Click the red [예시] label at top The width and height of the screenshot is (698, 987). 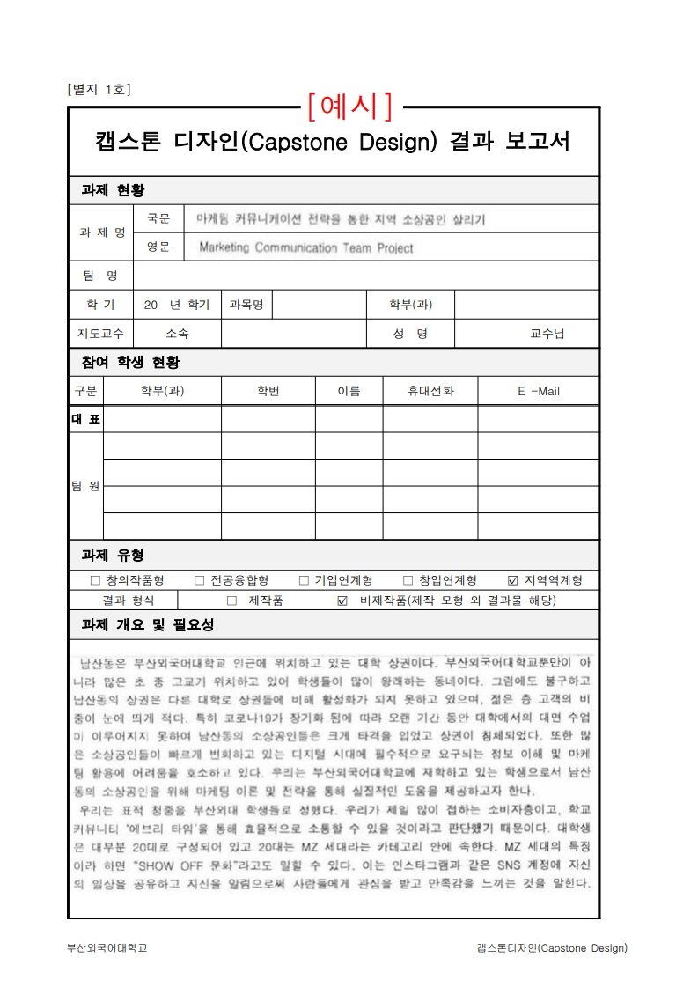tap(350, 107)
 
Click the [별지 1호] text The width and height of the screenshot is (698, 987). tap(99, 89)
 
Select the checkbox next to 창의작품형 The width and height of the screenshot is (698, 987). tap(95, 581)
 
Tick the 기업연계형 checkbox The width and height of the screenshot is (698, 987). tap(304, 581)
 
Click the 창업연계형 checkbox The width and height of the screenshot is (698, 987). tap(408, 581)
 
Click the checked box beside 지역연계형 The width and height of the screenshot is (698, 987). tap(513, 581)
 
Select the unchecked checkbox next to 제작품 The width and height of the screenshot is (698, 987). tap(231, 601)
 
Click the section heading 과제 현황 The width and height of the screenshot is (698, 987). tap(113, 190)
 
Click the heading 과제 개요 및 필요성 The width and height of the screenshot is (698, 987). tap(147, 625)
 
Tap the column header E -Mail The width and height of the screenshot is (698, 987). tap(538, 391)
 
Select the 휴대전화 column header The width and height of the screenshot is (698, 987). tap(430, 391)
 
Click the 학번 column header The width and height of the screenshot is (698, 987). tap(268, 391)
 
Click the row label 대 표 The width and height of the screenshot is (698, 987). tap(85, 419)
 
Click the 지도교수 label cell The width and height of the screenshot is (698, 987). tap(100, 334)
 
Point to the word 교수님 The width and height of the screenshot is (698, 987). tap(547, 334)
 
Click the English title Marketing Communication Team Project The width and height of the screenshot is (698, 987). tap(305, 248)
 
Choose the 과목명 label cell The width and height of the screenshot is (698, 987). tap(246, 305)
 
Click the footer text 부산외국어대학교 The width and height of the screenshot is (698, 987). tap(107, 948)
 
